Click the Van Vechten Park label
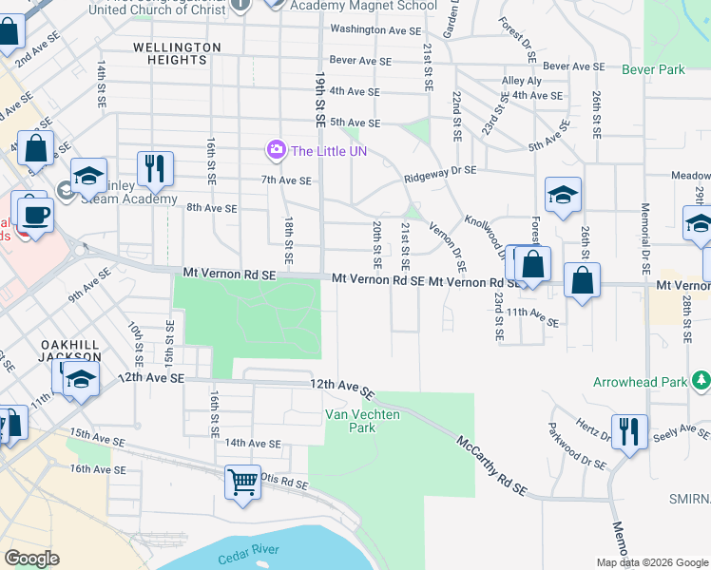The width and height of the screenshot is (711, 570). (x=350, y=421)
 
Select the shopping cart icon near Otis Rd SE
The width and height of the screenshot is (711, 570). (x=243, y=482)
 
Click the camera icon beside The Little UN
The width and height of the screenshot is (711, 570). (x=277, y=150)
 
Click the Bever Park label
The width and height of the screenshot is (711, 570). (x=653, y=70)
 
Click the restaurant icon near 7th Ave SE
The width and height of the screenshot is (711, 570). (x=154, y=168)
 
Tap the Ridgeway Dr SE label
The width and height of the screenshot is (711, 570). (x=439, y=171)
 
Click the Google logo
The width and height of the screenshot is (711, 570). (x=31, y=559)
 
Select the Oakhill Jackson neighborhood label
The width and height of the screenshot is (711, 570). (x=70, y=350)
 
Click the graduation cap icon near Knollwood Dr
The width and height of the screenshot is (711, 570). (x=563, y=195)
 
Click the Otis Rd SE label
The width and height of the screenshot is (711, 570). (x=284, y=484)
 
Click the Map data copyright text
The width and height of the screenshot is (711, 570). (x=651, y=561)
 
